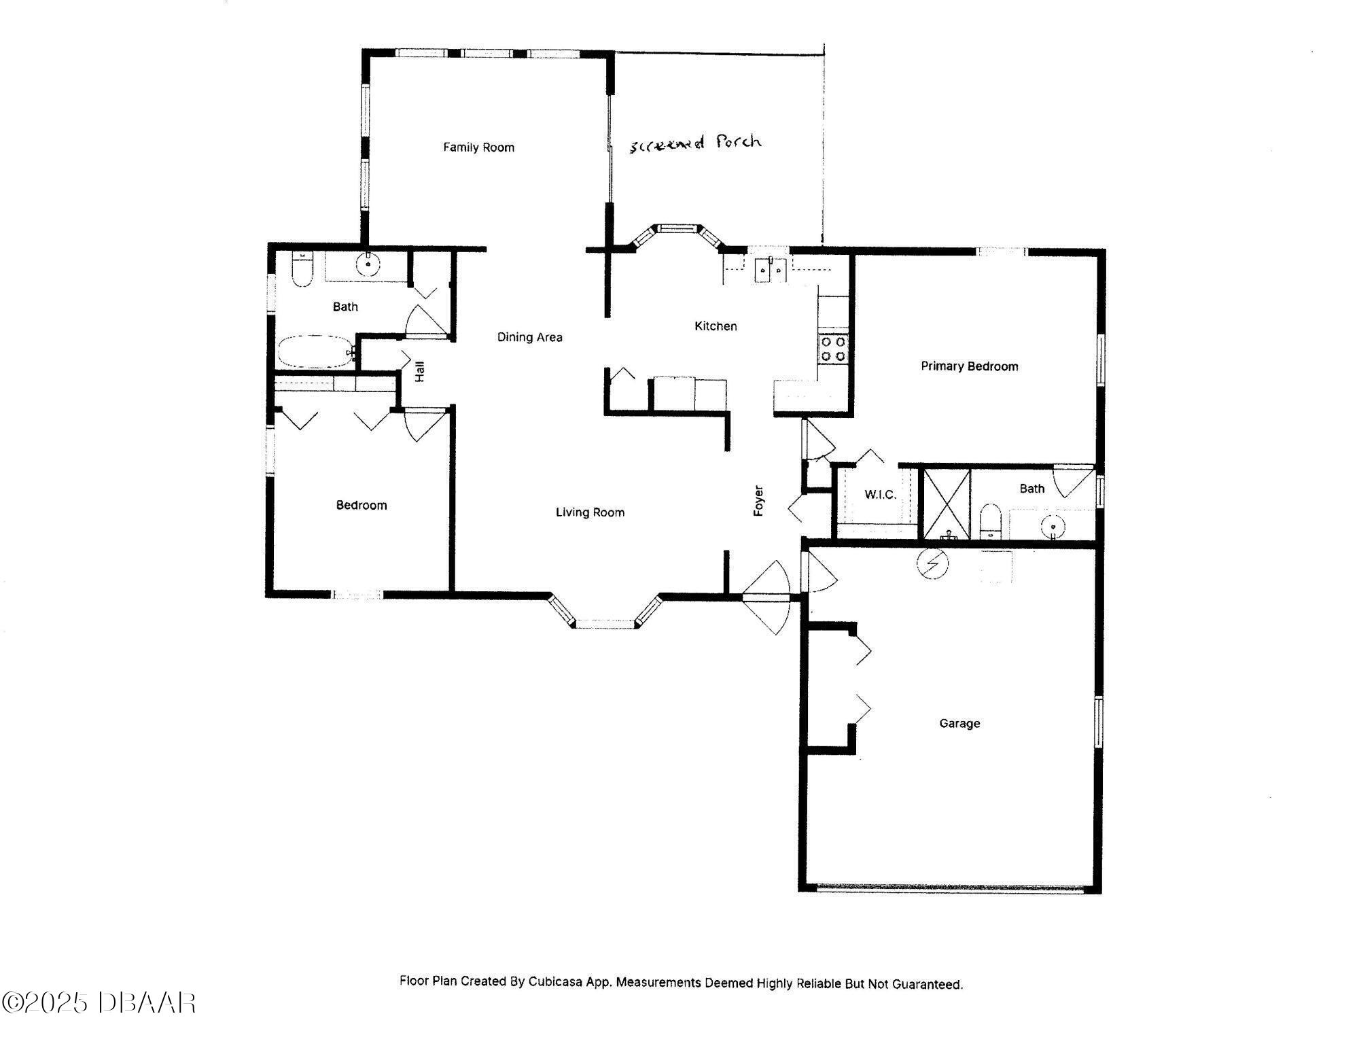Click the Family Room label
click(478, 147)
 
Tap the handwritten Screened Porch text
click(694, 143)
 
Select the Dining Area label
click(529, 337)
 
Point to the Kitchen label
click(716, 326)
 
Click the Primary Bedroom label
click(970, 366)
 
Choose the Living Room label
click(590, 512)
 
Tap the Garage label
click(959, 723)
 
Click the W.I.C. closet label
click(880, 495)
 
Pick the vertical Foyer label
click(759, 501)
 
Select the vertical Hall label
click(420, 372)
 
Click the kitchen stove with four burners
click(834, 349)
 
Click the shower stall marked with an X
click(945, 504)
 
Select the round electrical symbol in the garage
click(931, 563)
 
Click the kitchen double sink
click(770, 269)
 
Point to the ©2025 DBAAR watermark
click(99, 1002)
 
